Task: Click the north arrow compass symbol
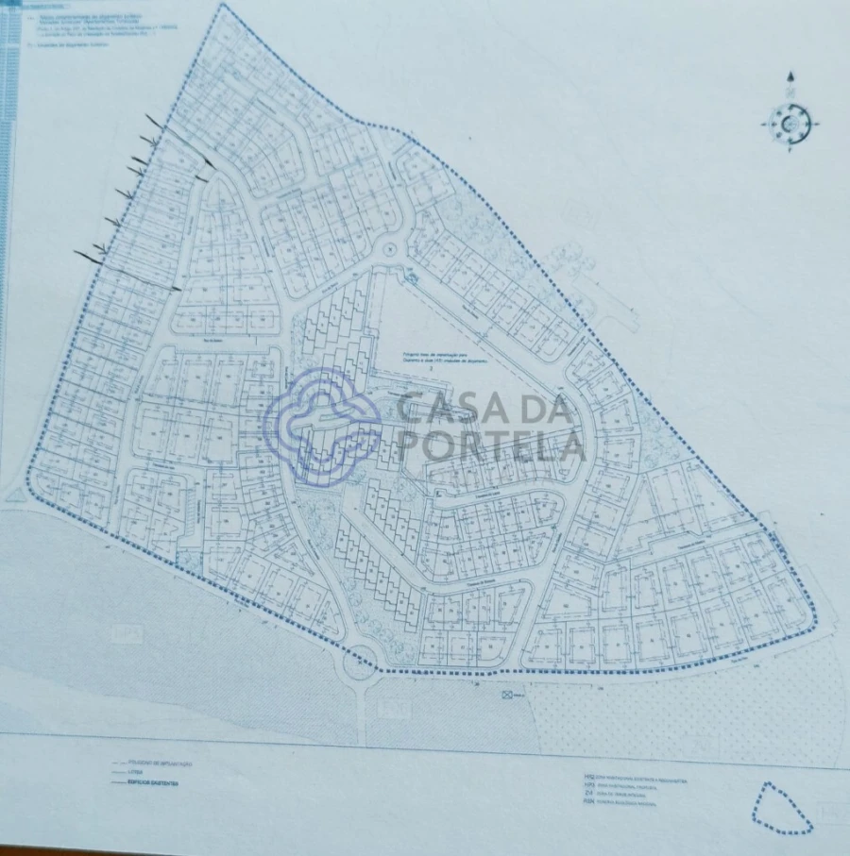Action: tap(790, 122)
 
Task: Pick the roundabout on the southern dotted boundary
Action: tap(359, 664)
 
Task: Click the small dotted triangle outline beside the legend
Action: tap(781, 809)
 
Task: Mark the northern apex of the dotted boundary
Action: tap(224, 6)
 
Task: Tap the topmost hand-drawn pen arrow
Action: tap(154, 121)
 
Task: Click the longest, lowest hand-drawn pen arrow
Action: tap(91, 255)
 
